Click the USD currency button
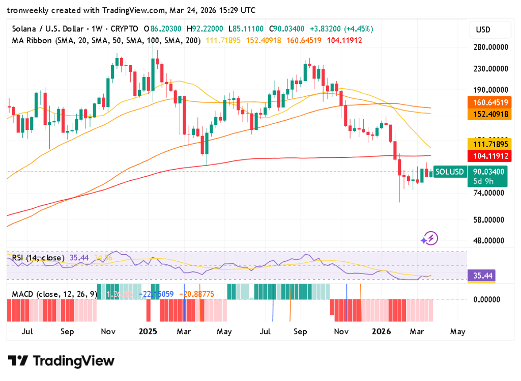coord(483,30)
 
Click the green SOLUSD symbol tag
coord(450,172)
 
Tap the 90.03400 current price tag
coord(488,172)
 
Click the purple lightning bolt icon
coord(430,238)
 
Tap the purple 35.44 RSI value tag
coord(482,276)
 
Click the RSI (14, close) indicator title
coord(38,258)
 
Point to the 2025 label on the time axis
coord(148,332)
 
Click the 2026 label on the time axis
coord(381,332)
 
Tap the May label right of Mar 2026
coord(457,332)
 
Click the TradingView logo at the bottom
coord(62,361)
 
